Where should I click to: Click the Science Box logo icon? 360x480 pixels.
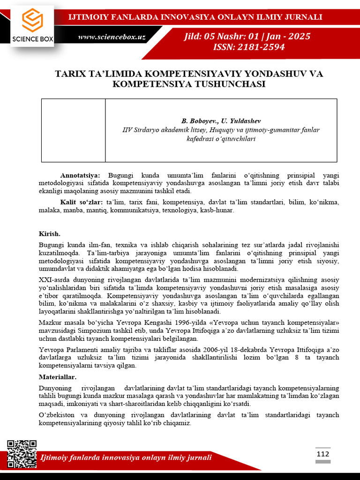click(x=32, y=21)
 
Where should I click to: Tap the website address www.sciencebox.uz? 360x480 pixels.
click(x=111, y=37)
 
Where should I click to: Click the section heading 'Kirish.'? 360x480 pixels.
click(x=49, y=233)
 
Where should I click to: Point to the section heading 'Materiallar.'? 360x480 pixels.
click(x=57, y=377)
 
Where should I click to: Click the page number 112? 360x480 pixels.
click(x=322, y=454)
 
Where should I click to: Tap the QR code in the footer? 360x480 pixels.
click(x=22, y=454)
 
